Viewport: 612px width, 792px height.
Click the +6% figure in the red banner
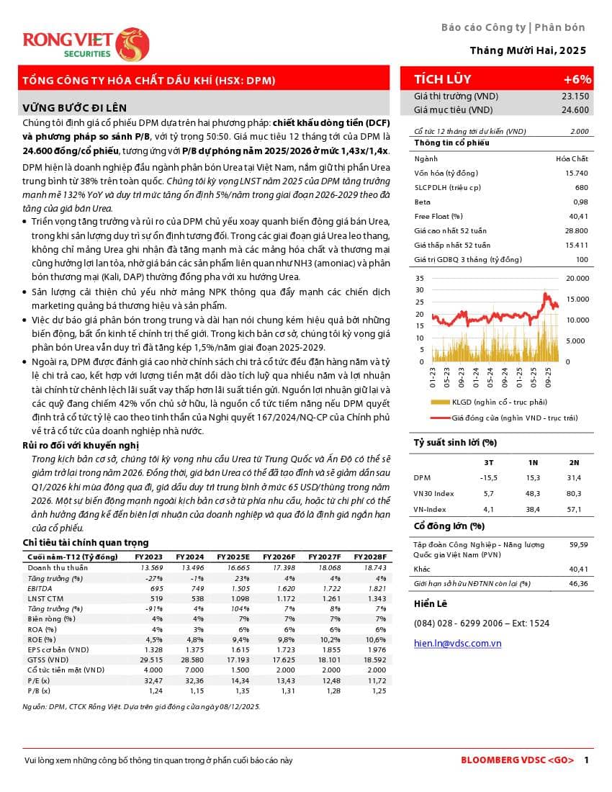[577, 79]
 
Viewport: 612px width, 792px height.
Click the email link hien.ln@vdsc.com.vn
[457, 643]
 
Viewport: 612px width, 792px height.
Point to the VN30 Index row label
[433, 493]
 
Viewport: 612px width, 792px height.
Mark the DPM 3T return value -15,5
[488, 477]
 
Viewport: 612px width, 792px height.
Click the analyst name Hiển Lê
[431, 603]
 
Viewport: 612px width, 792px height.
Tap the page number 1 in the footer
[587, 760]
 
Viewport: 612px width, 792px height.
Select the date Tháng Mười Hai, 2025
[528, 50]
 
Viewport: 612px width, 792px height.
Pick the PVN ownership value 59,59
[578, 545]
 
